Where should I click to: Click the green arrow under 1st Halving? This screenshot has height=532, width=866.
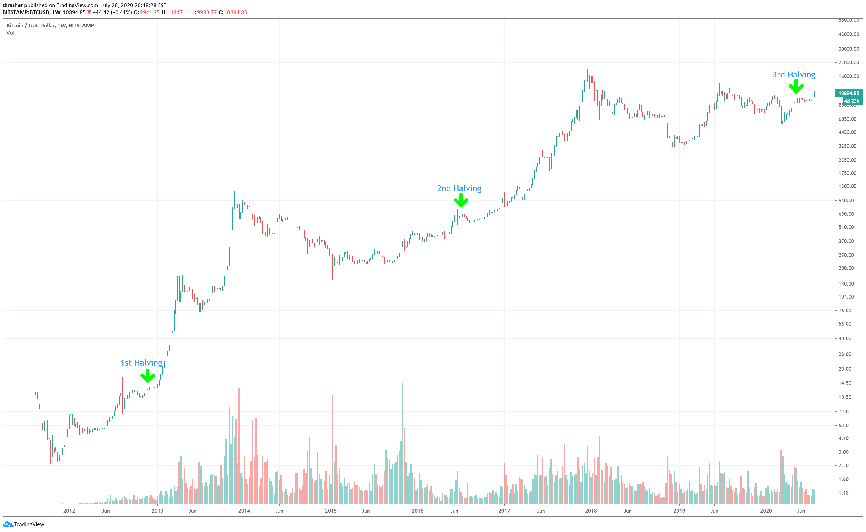(x=147, y=376)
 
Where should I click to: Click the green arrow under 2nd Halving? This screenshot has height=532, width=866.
(x=461, y=201)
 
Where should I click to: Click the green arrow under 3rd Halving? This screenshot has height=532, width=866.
(x=796, y=86)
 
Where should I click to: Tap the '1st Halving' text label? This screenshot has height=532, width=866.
(x=141, y=363)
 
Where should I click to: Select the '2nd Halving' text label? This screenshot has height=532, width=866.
(x=459, y=189)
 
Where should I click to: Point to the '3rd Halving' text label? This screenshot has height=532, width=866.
(x=794, y=75)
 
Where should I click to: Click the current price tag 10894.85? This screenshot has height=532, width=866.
(x=849, y=93)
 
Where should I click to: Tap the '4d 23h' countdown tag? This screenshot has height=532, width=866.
(x=852, y=101)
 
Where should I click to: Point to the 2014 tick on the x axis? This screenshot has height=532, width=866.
(x=244, y=511)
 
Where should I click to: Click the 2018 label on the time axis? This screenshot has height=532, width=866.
(x=591, y=511)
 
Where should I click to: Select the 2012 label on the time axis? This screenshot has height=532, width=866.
(x=69, y=511)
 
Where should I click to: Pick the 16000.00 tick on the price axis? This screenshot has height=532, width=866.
(x=849, y=76)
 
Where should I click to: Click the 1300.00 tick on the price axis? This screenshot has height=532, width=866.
(x=847, y=186)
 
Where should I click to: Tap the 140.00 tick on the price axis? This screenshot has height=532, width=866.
(x=846, y=284)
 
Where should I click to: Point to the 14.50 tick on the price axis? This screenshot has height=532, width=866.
(x=845, y=383)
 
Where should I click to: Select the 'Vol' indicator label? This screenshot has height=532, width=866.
(x=10, y=33)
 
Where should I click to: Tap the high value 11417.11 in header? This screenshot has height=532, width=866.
(x=179, y=12)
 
